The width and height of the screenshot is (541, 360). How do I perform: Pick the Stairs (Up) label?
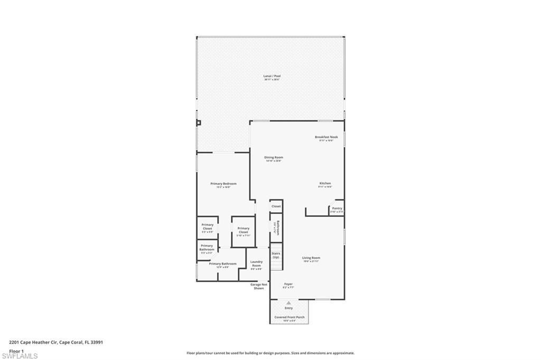coord(276,255)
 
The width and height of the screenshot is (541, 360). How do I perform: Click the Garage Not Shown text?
coord(258,286)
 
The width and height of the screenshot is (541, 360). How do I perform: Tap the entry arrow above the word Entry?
coord(288,303)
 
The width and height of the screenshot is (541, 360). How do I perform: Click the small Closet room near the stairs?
coord(276,206)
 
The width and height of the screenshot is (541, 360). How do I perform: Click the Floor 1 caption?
coord(16,350)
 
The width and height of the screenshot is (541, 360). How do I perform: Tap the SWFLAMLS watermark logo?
coord(20,356)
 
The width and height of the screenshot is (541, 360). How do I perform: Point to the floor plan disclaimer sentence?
coord(270,353)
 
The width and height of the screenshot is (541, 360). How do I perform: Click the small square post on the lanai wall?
coord(199,123)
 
